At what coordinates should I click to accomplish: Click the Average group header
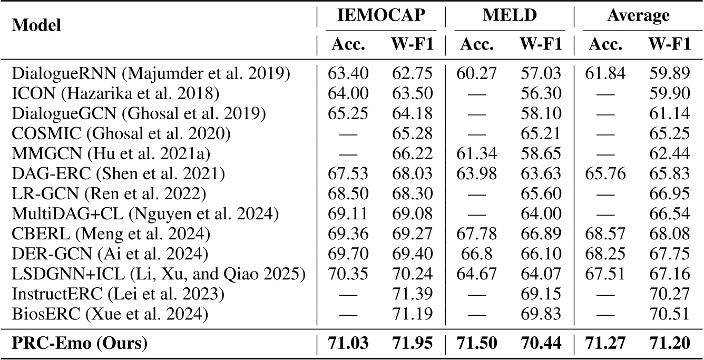[x=638, y=16]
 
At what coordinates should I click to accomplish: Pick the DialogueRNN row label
[x=150, y=73]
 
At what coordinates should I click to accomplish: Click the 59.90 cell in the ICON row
[x=669, y=93]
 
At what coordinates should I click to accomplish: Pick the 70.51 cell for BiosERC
[x=669, y=315]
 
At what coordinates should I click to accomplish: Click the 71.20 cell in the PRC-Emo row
[x=669, y=344]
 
